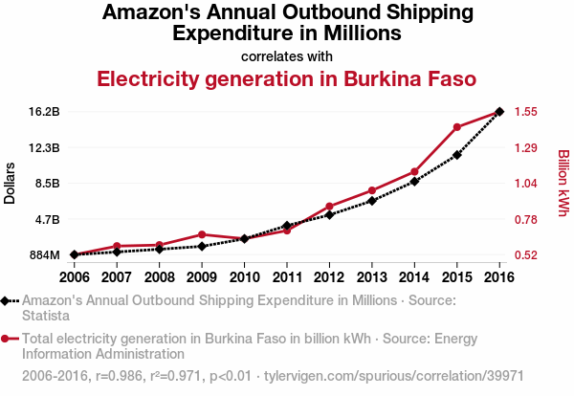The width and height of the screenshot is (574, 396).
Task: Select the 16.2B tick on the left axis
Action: point(44,112)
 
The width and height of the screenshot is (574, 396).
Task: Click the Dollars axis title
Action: point(11,183)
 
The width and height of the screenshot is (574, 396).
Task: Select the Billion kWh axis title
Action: point(563,183)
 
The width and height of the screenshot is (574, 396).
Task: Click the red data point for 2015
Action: point(457,127)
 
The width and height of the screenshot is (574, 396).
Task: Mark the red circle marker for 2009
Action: point(200,234)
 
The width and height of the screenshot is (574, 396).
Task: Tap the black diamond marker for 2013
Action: point(372,201)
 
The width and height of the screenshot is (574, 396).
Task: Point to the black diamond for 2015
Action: point(457,155)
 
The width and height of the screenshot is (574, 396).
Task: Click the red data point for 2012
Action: point(329,207)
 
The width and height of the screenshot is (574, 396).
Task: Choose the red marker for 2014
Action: point(414,172)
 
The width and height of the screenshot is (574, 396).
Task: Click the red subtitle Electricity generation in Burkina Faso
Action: point(287,78)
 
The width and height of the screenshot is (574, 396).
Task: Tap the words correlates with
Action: point(287,55)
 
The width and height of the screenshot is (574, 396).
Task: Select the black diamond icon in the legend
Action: point(6,300)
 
